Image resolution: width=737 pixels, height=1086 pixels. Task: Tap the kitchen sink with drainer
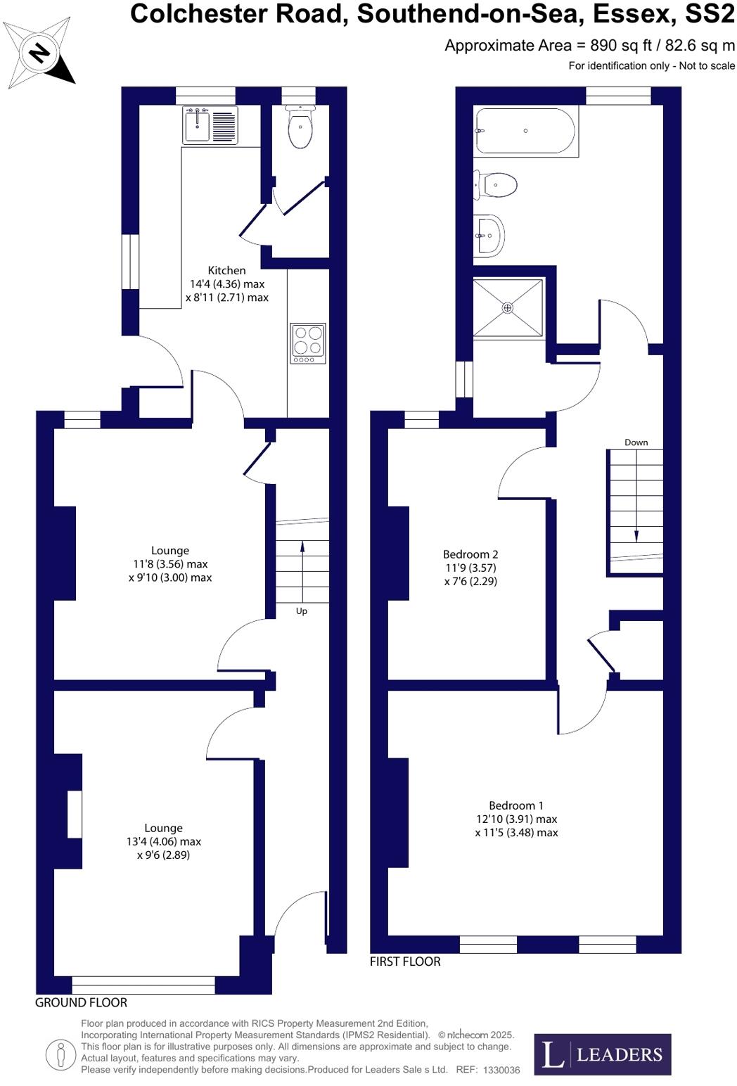tap(210, 125)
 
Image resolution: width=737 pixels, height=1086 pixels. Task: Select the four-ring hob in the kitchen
tap(308, 343)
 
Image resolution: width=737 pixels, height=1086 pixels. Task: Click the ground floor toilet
tap(300, 127)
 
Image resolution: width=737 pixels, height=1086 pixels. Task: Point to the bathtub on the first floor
tap(525, 131)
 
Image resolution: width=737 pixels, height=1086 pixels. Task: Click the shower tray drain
tap(508, 308)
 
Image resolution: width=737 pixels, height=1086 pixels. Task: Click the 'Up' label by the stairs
tap(302, 611)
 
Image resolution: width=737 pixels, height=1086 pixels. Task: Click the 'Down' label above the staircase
tap(636, 442)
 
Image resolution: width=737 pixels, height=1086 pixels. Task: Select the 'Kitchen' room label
tap(226, 271)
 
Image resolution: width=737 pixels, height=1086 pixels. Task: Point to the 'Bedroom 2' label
tap(470, 554)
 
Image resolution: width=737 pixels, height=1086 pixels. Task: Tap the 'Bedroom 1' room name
tap(516, 805)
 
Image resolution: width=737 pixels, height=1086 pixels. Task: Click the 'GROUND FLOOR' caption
tap(82, 1002)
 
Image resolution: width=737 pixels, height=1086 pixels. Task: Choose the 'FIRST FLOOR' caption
tap(405, 962)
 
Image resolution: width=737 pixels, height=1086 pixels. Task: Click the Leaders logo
tap(602, 1054)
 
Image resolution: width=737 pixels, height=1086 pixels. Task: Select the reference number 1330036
tap(498, 1070)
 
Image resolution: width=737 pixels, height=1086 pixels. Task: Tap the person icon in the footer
tap(60, 1054)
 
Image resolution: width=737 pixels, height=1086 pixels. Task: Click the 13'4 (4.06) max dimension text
tap(164, 842)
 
